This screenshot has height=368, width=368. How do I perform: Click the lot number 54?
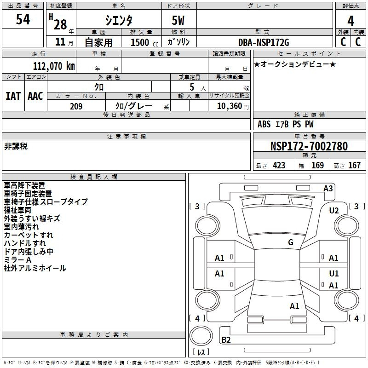(23, 19)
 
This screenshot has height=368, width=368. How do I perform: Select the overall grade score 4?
(351, 21)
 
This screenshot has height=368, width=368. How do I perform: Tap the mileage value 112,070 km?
(54, 66)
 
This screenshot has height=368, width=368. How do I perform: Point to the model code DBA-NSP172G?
(264, 42)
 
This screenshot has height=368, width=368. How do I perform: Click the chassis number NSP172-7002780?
(309, 146)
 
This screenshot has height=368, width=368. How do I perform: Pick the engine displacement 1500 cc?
(144, 42)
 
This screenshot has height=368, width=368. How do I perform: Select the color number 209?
(76, 106)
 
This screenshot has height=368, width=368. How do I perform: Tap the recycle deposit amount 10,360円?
(233, 106)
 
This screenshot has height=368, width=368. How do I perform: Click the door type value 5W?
(178, 20)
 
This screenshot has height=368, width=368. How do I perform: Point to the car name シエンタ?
(119, 20)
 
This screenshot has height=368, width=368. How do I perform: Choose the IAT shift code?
(13, 96)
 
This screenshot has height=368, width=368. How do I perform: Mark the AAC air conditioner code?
(35, 96)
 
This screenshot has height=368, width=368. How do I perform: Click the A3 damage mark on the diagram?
(328, 189)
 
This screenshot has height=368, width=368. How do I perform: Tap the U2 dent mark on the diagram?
(334, 211)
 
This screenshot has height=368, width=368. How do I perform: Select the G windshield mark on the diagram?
(291, 242)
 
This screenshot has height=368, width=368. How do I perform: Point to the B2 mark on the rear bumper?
(226, 339)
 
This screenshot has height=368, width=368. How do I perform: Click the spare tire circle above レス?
(201, 336)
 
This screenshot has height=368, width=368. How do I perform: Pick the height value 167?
(354, 165)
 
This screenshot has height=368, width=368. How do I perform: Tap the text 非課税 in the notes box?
(16, 146)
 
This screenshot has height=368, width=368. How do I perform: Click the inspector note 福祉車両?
(17, 210)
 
